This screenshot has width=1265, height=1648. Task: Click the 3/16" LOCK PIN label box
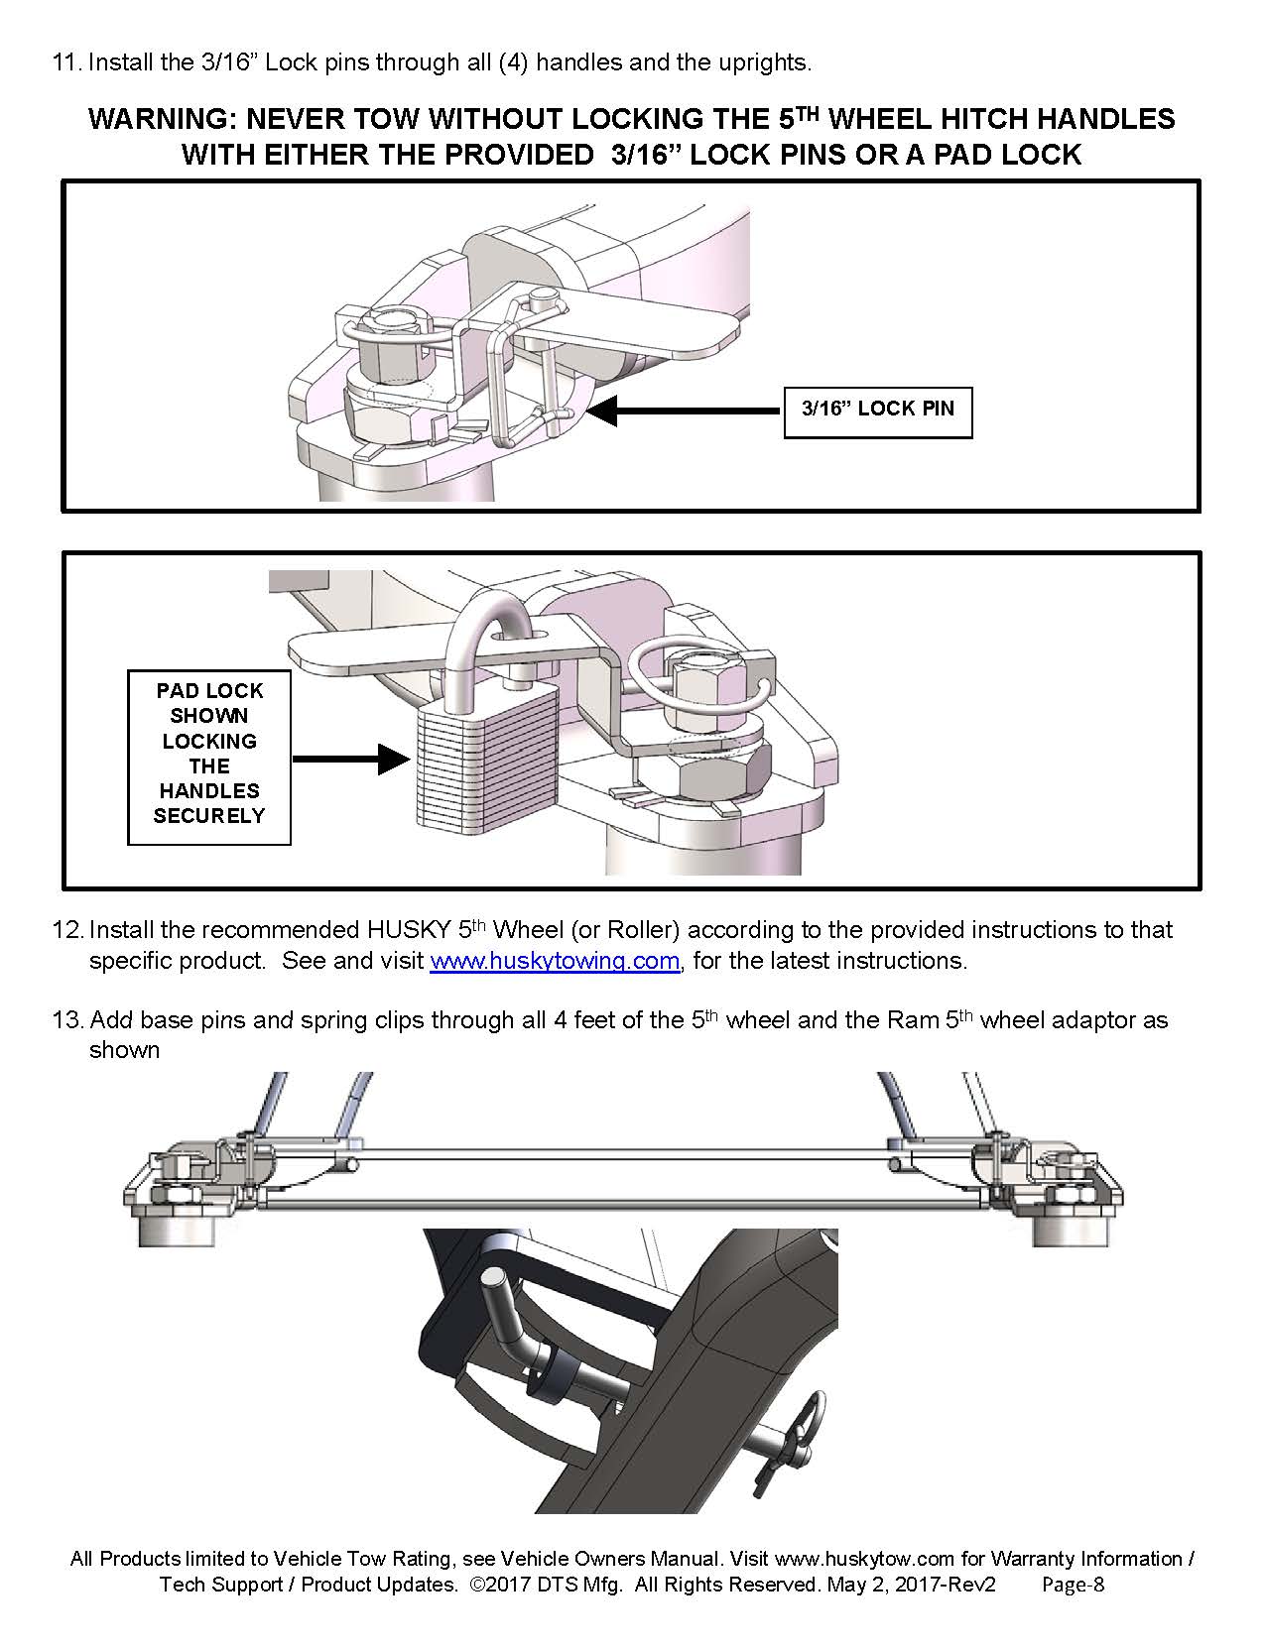coord(877,411)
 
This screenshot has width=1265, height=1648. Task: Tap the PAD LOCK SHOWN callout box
coord(208,754)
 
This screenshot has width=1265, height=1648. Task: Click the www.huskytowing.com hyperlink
coord(555,961)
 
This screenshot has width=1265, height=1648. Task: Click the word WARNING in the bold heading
coord(162,120)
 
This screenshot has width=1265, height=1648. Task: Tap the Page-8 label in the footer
coord(1073,1585)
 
